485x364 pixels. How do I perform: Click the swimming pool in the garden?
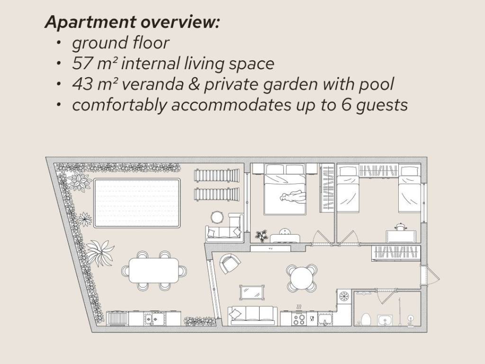[x=137, y=203]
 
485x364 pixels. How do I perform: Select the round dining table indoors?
[x=302, y=277]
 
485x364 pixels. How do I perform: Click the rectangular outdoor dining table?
[x=153, y=271]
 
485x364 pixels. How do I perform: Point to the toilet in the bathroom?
[x=366, y=319]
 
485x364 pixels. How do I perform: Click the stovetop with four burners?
[x=299, y=319]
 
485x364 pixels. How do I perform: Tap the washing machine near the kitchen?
[x=344, y=297]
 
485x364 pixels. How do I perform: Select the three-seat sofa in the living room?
[x=252, y=316]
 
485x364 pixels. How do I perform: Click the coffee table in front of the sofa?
[x=252, y=292]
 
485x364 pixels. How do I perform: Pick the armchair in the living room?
[x=230, y=264]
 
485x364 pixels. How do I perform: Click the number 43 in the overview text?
[x=82, y=84]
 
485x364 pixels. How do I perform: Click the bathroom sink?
[x=385, y=320]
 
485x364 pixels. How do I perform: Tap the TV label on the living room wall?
[x=270, y=248]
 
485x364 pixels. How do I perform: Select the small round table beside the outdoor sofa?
[x=217, y=217]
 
